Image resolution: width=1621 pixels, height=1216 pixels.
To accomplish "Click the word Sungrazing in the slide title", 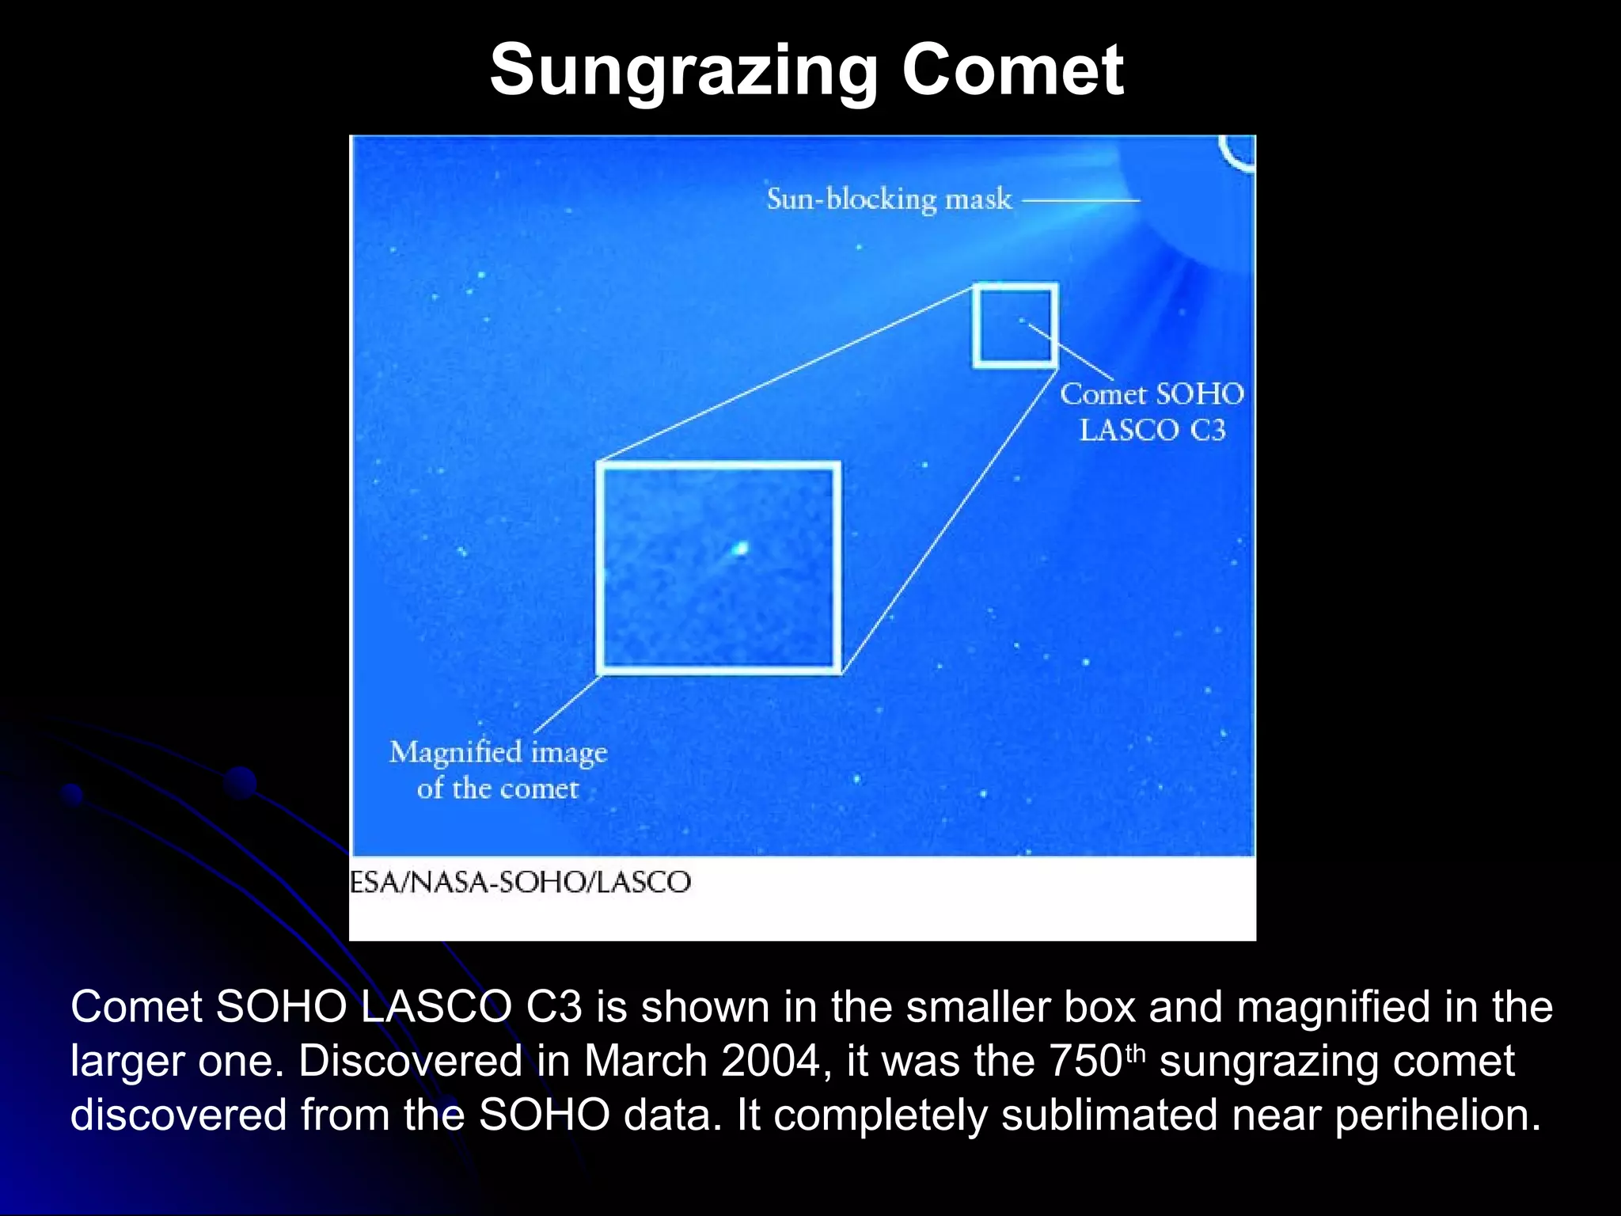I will pyautogui.click(x=684, y=71).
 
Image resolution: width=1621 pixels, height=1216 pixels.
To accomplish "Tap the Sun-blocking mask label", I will pyautogui.click(x=889, y=199).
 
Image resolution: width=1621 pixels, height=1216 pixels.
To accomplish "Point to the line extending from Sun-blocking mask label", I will pyautogui.click(x=1081, y=200).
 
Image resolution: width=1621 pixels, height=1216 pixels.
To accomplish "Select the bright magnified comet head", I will pyautogui.click(x=740, y=548).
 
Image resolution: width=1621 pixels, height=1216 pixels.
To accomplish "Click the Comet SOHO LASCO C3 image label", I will pyautogui.click(x=1152, y=412).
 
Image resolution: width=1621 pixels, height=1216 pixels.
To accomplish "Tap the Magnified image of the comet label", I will pyautogui.click(x=498, y=769).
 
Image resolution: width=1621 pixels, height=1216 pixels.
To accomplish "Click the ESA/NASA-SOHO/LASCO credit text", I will pyautogui.click(x=520, y=882).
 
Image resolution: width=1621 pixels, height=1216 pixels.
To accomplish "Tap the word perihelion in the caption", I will pyautogui.click(x=1437, y=1115).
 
